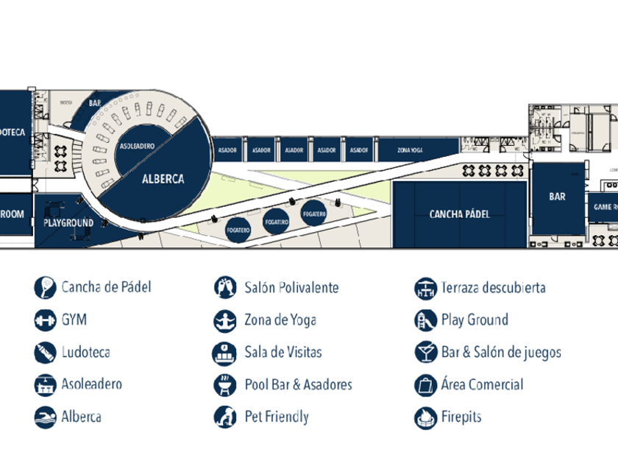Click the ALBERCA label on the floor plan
163,179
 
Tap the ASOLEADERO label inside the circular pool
137,147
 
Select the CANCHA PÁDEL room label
459,214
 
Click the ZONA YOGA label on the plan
409,150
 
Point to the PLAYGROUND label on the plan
68,222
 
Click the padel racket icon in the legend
44,287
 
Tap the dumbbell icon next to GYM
44,320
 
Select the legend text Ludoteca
85,352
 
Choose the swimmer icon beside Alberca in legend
44,418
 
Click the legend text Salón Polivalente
291,287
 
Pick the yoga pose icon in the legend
224,320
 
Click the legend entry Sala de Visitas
283,352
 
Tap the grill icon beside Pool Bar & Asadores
224,385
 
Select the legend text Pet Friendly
277,417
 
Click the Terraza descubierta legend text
493,287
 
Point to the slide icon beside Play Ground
425,320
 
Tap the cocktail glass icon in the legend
425,353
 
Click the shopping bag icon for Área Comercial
425,385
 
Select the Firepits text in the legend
461,417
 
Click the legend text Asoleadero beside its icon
92,384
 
